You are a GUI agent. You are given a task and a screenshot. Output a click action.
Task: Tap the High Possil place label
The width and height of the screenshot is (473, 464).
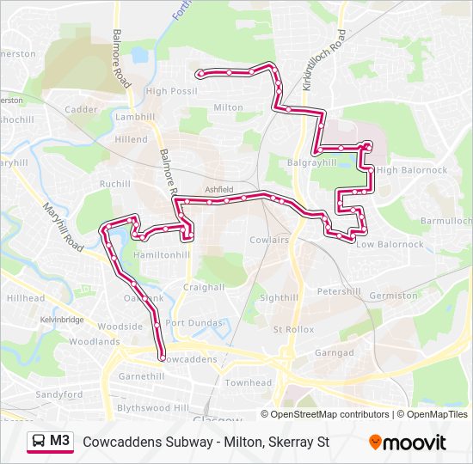pyautogui.click(x=171, y=91)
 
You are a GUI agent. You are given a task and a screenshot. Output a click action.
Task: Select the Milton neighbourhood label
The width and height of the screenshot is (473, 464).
pyautogui.click(x=229, y=107)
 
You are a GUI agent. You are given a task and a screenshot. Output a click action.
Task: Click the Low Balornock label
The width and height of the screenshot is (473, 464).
pyautogui.click(x=390, y=244)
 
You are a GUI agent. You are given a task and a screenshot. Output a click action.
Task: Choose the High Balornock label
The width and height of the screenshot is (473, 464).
pyautogui.click(x=412, y=170)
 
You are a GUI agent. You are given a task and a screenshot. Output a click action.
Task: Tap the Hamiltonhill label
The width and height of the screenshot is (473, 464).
pyautogui.click(x=163, y=255)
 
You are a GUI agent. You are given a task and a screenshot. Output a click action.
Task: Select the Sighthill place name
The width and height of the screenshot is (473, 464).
pyautogui.click(x=278, y=297)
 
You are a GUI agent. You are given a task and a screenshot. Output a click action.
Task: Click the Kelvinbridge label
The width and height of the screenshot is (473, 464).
pyautogui.click(x=62, y=320)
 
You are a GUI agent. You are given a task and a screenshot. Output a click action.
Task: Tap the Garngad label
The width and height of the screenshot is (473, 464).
pyautogui.click(x=334, y=353)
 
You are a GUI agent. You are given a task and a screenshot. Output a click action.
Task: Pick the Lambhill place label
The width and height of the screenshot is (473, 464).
pyautogui.click(x=134, y=116)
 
